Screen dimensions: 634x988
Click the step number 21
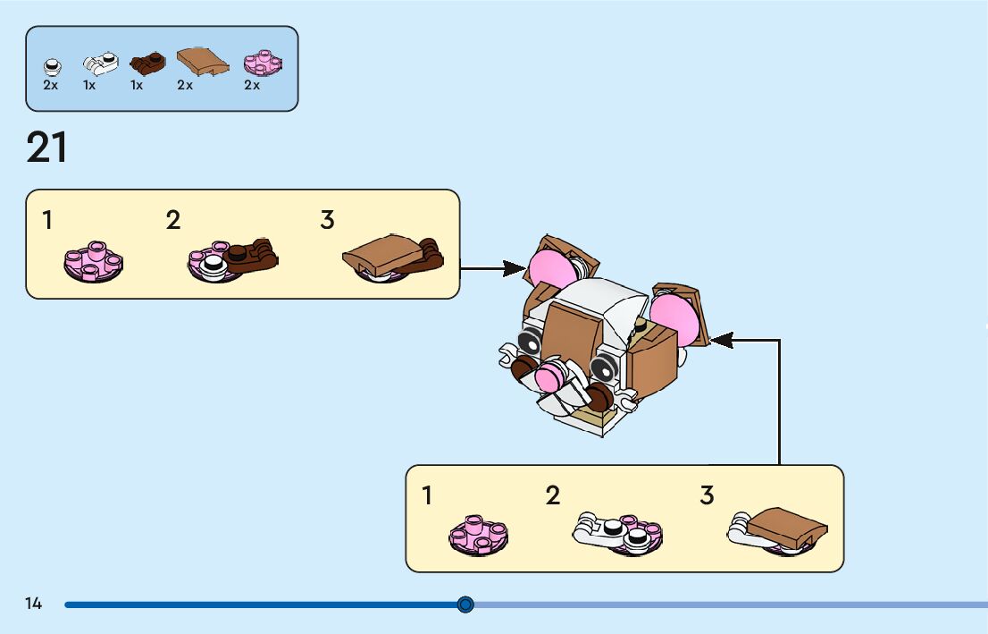click(46, 148)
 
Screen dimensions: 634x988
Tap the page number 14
click(33, 604)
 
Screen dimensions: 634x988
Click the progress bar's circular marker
click(465, 605)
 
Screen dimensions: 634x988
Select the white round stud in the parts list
click(52, 66)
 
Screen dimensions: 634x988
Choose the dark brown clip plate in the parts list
click(147, 63)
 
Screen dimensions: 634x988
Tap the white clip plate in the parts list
click(100, 63)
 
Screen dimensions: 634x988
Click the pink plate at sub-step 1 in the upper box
click(93, 260)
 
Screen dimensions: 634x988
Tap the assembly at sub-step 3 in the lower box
click(778, 530)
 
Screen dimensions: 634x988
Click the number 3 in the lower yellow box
click(707, 495)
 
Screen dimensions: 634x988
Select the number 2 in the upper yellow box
click(173, 220)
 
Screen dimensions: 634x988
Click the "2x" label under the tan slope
click(185, 86)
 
